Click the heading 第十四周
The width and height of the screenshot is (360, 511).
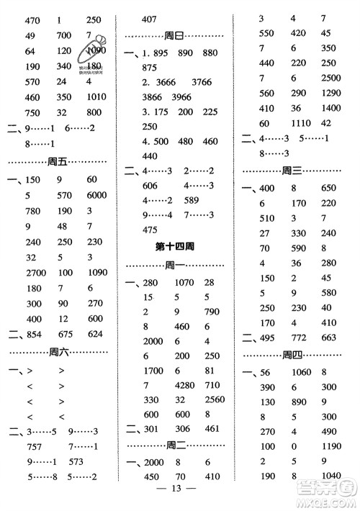(x=177, y=246)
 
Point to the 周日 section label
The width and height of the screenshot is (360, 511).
(x=175, y=36)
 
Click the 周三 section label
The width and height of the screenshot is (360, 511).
(x=292, y=171)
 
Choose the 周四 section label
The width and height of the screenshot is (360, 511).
(x=292, y=354)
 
